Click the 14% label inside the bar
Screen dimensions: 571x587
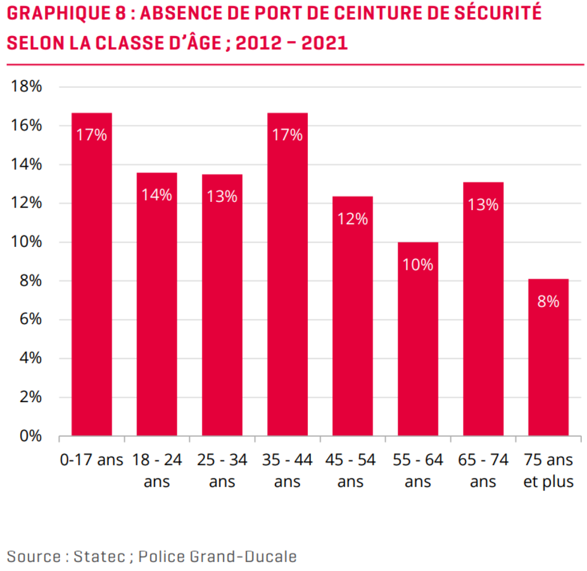(157, 195)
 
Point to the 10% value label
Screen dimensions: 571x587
(418, 265)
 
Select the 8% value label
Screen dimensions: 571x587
(548, 302)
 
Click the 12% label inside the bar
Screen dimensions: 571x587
(352, 219)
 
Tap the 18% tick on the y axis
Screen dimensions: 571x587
(26, 86)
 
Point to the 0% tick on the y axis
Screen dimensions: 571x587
(31, 436)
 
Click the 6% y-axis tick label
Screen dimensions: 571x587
(31, 319)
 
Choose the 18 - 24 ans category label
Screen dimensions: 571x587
(157, 470)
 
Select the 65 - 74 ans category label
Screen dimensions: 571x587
(483, 470)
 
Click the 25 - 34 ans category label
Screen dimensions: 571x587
(222, 470)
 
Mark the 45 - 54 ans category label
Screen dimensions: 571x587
(351, 470)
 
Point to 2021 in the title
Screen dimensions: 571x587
(325, 43)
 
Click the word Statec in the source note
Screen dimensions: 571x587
(99, 556)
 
